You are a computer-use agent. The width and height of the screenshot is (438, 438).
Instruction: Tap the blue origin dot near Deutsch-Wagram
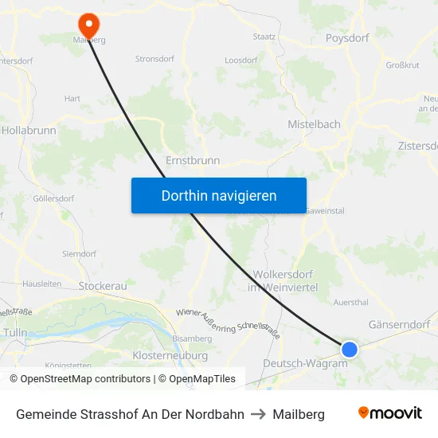[x=349, y=349]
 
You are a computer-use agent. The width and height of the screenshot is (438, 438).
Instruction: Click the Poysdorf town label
[x=347, y=37]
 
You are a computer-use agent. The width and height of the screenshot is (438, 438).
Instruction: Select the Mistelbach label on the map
[x=314, y=124]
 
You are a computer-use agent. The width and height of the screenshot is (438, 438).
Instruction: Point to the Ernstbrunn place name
[x=193, y=160]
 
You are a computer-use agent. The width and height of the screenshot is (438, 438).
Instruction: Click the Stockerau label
[x=103, y=286]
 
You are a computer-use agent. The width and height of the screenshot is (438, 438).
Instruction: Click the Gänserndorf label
[x=399, y=325]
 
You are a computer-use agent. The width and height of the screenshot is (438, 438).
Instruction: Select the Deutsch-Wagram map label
[x=305, y=363]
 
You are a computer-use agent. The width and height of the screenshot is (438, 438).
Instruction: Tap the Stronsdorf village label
[x=154, y=58]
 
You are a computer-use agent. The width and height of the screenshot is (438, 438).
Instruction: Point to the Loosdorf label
[x=241, y=60]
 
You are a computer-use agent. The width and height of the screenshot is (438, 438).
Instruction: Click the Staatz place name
[x=264, y=36]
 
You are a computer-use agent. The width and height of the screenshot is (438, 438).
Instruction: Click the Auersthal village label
[x=351, y=303]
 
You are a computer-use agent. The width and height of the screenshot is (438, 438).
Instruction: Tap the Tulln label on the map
[x=15, y=331]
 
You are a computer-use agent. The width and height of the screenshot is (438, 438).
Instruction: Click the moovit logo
[x=389, y=413]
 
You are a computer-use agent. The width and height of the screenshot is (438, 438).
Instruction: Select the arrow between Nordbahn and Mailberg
[x=258, y=414]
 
